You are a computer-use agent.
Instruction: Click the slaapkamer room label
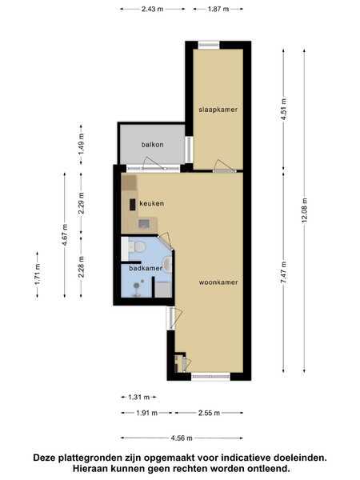click(218, 110)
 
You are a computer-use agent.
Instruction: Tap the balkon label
click(152, 145)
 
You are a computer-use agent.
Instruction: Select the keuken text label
click(151, 203)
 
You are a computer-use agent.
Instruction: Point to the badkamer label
click(146, 268)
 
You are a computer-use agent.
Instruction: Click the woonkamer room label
click(218, 282)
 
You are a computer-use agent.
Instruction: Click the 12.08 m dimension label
click(305, 210)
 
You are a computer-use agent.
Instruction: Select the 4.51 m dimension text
click(283, 110)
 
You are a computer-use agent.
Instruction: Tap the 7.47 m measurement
click(283, 272)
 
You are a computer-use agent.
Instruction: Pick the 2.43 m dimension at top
click(153, 9)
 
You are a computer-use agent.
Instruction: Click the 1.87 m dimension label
click(218, 9)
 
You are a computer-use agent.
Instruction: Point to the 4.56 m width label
click(182, 438)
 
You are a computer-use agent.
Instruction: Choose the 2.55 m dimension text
click(209, 413)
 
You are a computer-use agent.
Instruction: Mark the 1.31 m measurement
click(139, 398)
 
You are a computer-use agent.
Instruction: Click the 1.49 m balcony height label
click(81, 144)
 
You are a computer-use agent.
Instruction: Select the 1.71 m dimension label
click(38, 274)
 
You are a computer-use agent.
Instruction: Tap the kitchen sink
click(144, 224)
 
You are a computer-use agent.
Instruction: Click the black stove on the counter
click(133, 205)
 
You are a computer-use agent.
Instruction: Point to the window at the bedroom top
click(209, 45)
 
